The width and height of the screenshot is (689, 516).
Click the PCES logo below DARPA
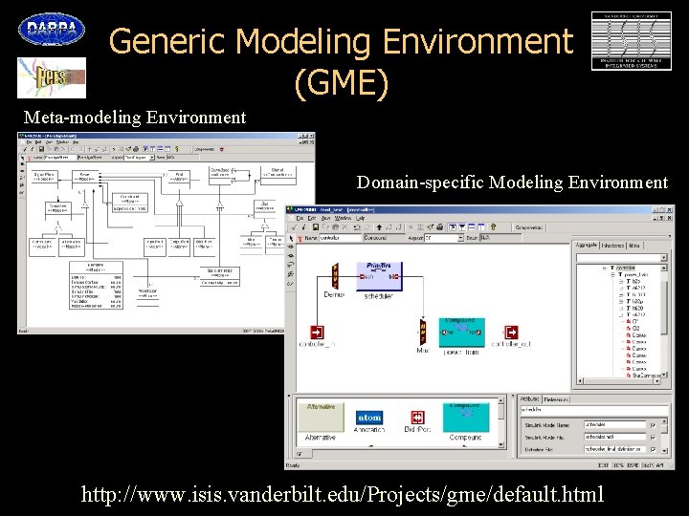click(x=51, y=76)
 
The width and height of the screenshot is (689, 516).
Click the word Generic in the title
click(x=167, y=41)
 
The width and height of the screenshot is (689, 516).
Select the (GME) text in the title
click(x=342, y=84)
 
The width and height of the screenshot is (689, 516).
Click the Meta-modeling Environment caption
click(x=135, y=118)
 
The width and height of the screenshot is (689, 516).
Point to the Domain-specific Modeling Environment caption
click(x=512, y=182)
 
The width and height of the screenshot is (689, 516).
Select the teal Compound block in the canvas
click(x=462, y=334)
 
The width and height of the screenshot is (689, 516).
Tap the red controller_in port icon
click(x=317, y=333)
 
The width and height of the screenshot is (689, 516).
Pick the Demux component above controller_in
click(x=334, y=275)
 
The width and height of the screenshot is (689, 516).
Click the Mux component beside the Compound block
click(x=422, y=333)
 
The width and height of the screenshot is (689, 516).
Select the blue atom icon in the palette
click(x=369, y=418)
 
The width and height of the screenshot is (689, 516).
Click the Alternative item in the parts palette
click(x=320, y=417)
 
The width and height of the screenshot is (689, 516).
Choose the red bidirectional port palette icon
click(x=418, y=418)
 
